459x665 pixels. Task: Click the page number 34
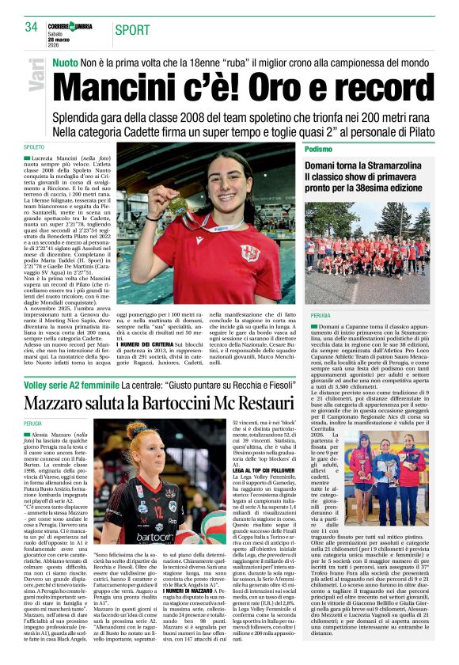31,27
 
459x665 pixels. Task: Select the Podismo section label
340,148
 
